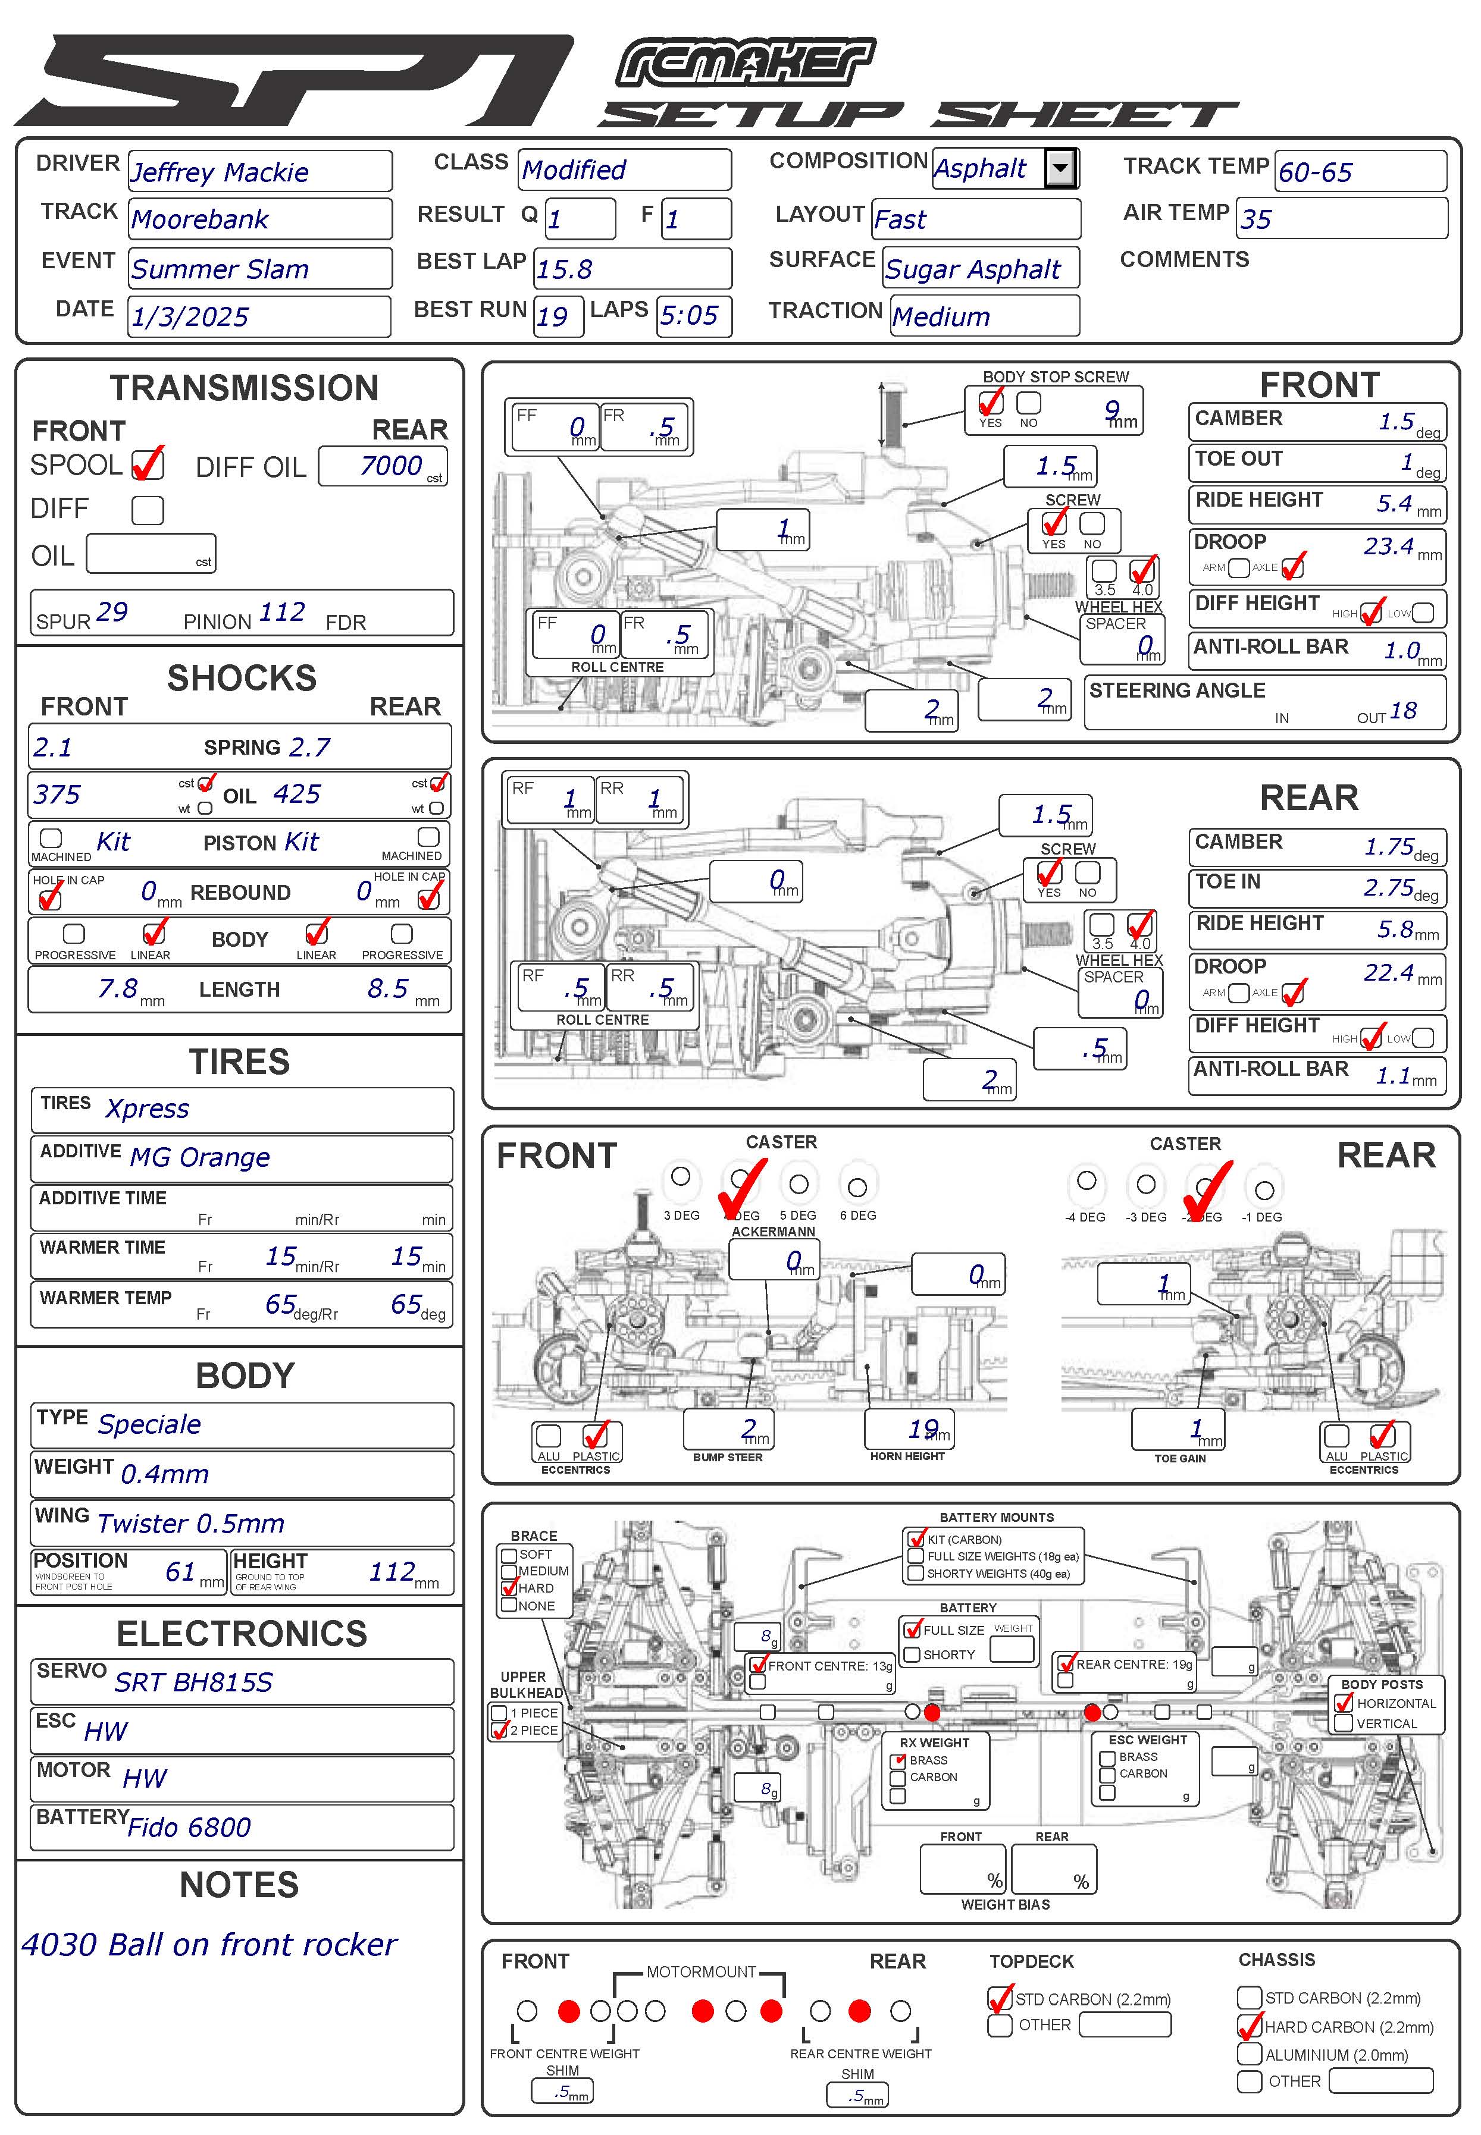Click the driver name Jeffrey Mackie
(220, 172)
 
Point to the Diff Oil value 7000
(391, 466)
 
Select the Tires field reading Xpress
(148, 1109)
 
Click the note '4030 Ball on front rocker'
(209, 1944)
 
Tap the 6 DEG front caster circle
(857, 1186)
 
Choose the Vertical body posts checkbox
(1343, 1723)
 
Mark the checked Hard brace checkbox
(509, 1588)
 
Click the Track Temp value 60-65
(1315, 172)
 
